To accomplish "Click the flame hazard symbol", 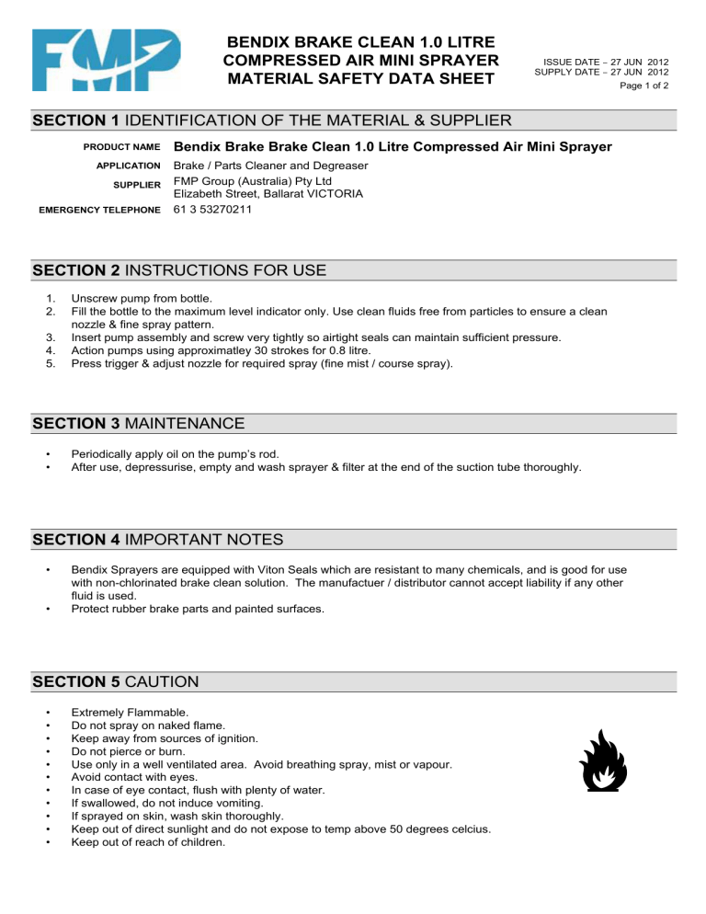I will coord(602,762).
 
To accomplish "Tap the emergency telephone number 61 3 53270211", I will coord(214,209).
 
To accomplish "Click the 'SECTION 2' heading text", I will coord(77,270).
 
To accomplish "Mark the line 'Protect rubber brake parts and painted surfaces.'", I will coord(197,608).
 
